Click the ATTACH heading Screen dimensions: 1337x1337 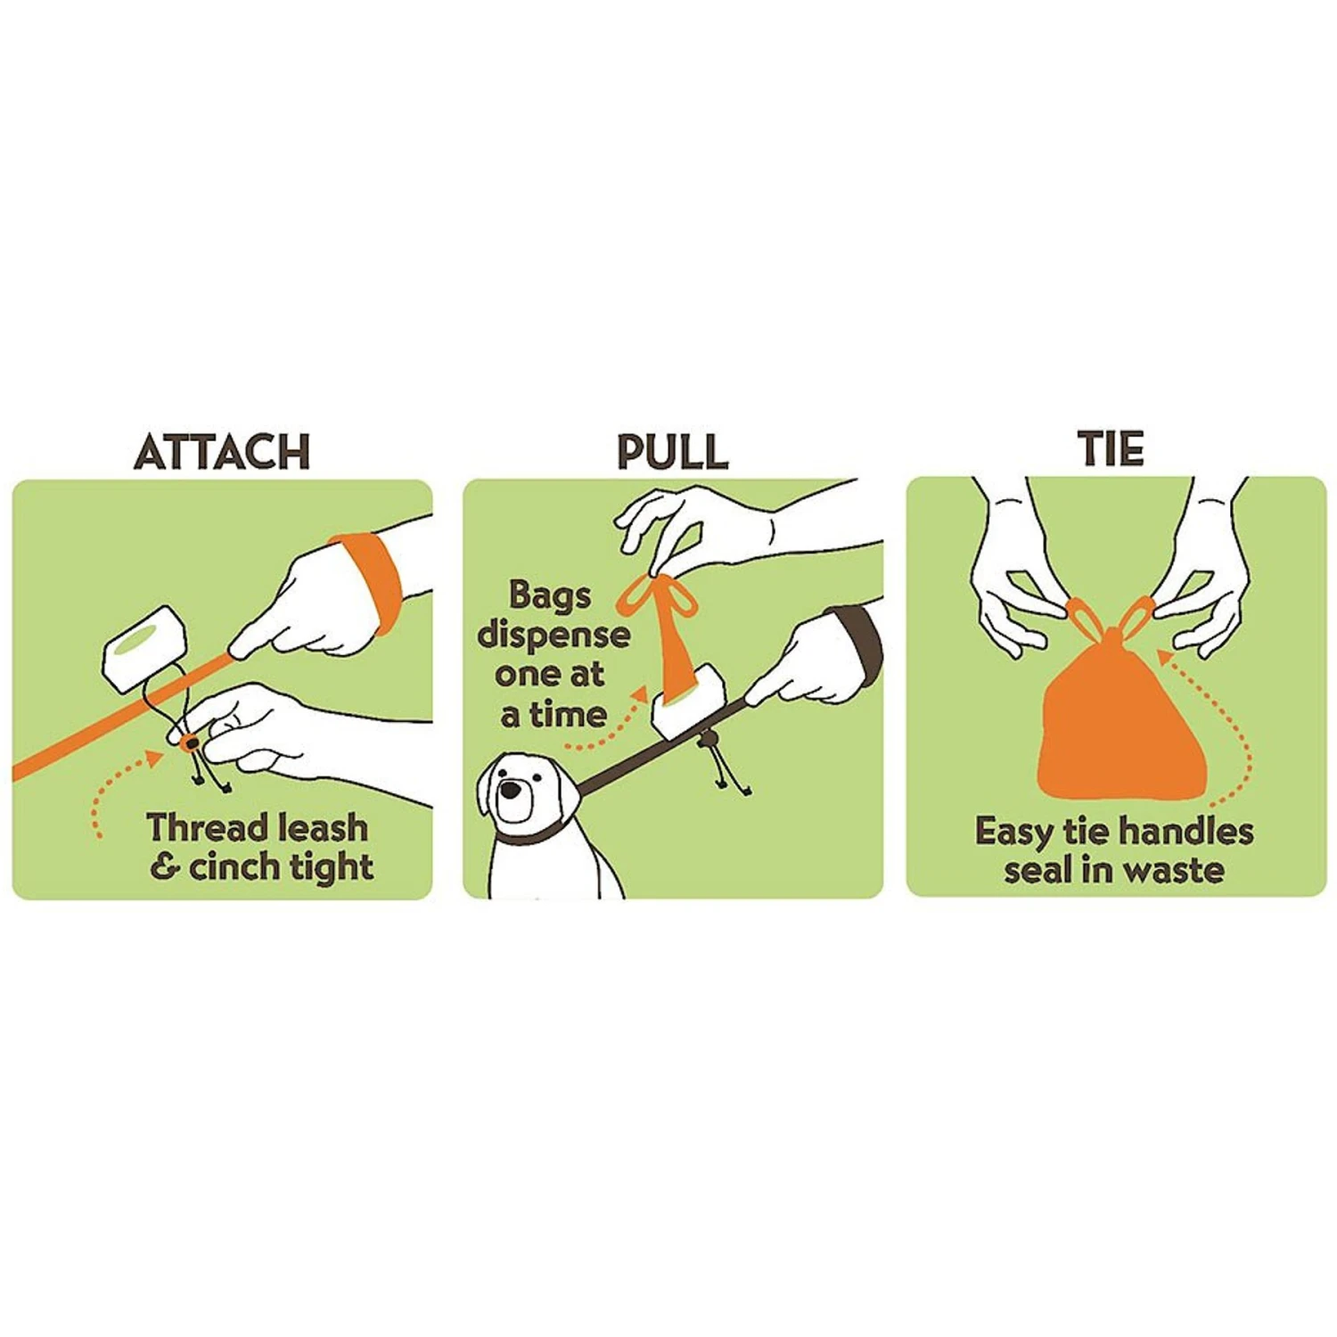coord(222,452)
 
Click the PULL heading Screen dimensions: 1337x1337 coord(672,452)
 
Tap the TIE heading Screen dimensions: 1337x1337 coord(1110,448)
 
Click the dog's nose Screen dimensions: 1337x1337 coord(510,790)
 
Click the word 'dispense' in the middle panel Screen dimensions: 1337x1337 coord(554,635)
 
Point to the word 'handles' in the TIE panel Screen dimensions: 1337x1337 coord(1185,832)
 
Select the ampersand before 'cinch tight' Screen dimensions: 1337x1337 coord(165,866)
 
